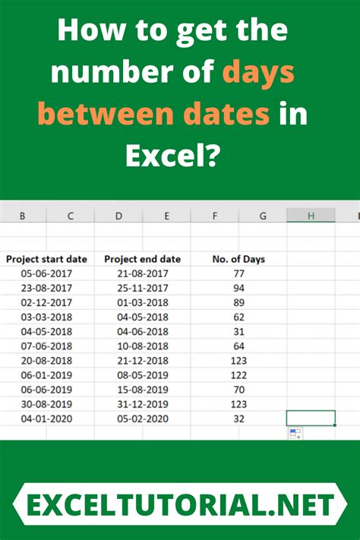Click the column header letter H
coord(311,216)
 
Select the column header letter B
coord(22,216)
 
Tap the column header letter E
coord(167,216)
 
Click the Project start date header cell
coord(46,259)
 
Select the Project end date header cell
coord(143,259)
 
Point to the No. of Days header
coord(238,259)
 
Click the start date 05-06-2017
coord(46,273)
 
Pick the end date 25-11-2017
coord(143,288)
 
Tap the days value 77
coord(238,273)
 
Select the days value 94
coord(238,288)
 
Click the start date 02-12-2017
coord(46,302)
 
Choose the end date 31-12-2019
coord(143,403)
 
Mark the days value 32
coord(238,418)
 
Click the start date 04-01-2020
coord(46,418)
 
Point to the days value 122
coord(238,374)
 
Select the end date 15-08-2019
coord(143,389)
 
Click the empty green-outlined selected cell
coord(311,418)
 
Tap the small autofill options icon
coord(295,434)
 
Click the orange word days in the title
coord(257,74)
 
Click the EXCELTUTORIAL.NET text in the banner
coord(181,505)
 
